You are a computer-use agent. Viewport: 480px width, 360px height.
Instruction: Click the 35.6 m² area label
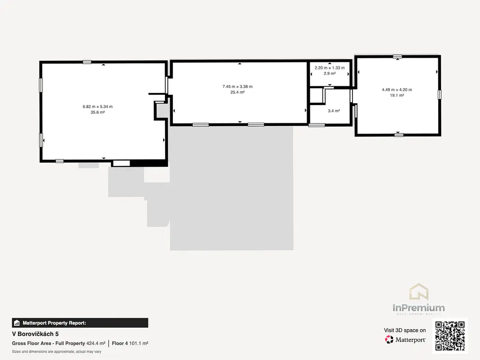(x=97, y=112)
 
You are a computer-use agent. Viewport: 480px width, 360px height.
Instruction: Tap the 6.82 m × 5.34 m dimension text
(x=97, y=106)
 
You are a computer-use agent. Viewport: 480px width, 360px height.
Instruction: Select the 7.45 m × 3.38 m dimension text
(x=238, y=87)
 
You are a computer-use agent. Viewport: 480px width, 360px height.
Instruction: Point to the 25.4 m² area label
(x=238, y=92)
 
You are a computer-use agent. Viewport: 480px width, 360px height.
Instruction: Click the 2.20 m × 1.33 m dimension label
(x=330, y=68)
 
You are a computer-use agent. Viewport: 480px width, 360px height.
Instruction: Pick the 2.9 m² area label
(x=330, y=74)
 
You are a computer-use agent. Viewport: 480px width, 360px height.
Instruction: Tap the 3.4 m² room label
(x=334, y=111)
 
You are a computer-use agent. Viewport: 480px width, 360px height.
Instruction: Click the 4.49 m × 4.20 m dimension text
(x=397, y=90)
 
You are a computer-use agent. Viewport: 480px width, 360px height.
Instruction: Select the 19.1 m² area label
(x=397, y=95)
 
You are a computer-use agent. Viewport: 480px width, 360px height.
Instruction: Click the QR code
(x=450, y=336)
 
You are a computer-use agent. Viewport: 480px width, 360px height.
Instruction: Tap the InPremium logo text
(x=419, y=307)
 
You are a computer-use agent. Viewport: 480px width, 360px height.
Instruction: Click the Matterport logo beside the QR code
(x=405, y=339)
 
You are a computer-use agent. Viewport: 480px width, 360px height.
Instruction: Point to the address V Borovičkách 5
(x=35, y=334)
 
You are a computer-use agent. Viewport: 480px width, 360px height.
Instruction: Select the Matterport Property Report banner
(x=80, y=323)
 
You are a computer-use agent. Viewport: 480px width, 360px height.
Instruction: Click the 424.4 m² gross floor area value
(x=96, y=344)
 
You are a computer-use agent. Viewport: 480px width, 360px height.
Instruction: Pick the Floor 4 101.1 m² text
(x=130, y=344)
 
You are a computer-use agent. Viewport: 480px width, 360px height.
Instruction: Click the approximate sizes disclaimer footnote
(x=57, y=352)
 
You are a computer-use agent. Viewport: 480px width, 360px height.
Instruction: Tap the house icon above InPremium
(x=419, y=292)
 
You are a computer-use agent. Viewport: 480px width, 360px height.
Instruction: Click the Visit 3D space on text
(x=405, y=330)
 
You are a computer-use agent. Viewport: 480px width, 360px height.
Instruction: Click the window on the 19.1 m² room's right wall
(x=440, y=95)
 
